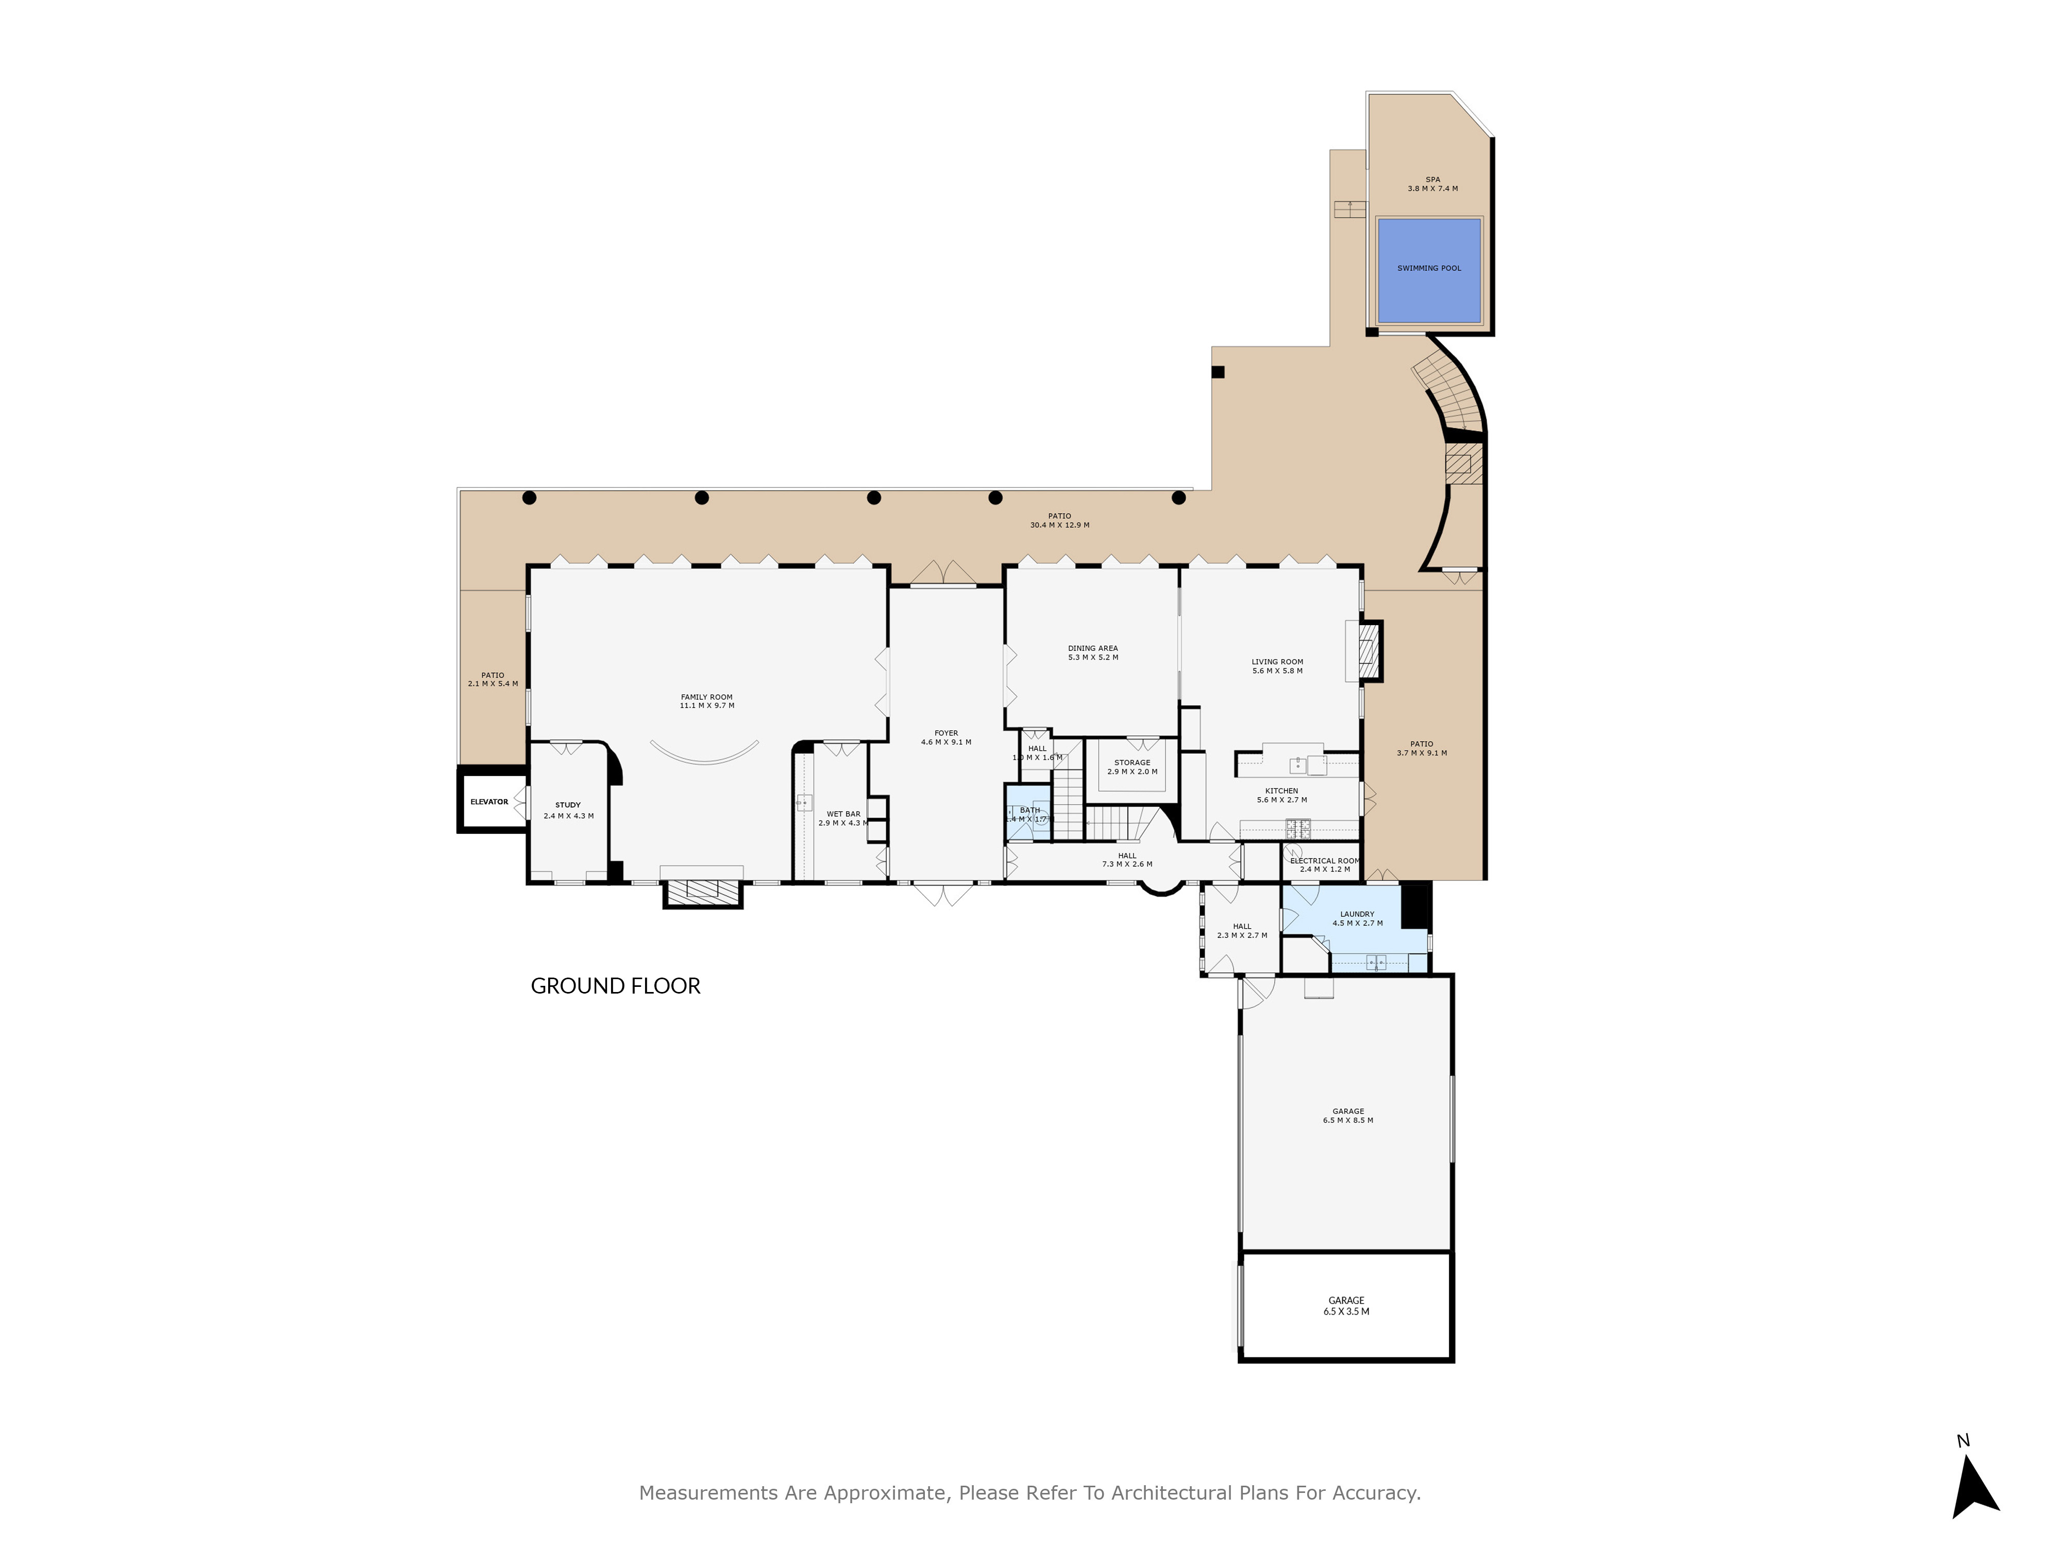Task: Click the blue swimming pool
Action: tap(1428, 270)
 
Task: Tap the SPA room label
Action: tap(1432, 183)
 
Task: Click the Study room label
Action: tap(568, 810)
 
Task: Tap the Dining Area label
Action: tap(1093, 652)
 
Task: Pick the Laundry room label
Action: tap(1357, 918)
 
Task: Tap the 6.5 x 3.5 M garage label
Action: tap(1346, 1305)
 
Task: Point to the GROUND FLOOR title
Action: tap(615, 986)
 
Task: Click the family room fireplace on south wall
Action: tap(702, 893)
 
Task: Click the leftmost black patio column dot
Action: tap(529, 498)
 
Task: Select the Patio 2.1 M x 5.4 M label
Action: tap(493, 679)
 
